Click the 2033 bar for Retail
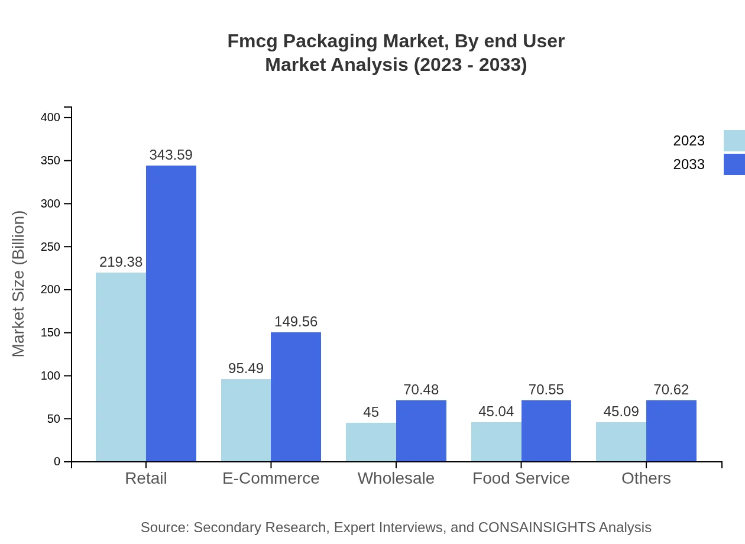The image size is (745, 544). pos(171,313)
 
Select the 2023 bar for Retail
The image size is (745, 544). pos(121,367)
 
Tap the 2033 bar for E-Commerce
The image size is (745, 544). pos(296,397)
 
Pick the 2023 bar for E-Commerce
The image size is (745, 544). pos(246,420)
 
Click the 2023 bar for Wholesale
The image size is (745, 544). pos(371,442)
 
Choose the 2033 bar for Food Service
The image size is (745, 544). pos(546,430)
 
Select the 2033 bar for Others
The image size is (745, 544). pos(671,430)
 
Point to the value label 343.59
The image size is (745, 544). pos(171,155)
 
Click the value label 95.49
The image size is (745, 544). pos(246,368)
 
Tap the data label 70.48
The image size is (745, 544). pos(421,390)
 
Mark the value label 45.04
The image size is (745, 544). pos(496,412)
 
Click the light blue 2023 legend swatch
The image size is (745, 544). pos(734,141)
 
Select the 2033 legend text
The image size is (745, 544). pos(689,164)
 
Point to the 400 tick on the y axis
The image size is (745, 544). pos(50,118)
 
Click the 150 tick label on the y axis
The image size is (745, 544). pos(50,333)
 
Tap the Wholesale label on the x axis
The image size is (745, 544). pos(396,478)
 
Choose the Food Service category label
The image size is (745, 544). pos(521,478)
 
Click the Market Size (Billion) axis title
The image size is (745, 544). pos(19,284)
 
